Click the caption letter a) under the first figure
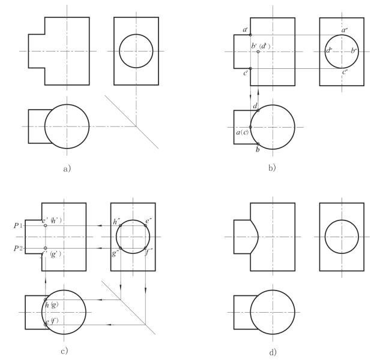67,168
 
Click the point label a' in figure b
246,30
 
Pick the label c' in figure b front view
245,74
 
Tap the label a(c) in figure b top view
243,132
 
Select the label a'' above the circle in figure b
344,29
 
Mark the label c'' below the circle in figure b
345,72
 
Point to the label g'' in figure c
115,253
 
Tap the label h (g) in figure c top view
53,305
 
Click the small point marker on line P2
46,248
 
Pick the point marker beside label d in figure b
258,111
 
